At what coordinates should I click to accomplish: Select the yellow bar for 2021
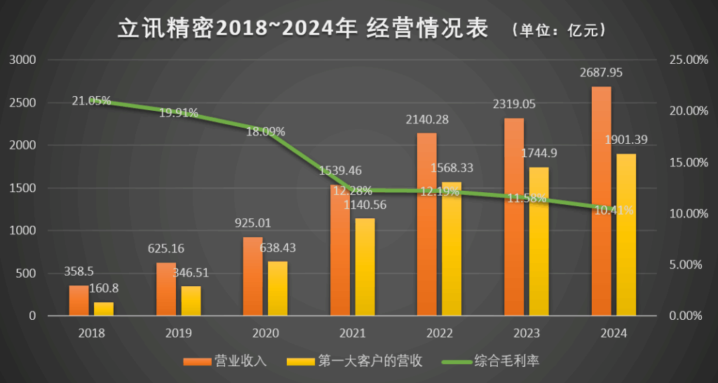(x=365, y=267)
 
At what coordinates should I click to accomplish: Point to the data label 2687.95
(x=601, y=72)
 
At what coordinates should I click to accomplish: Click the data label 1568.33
(x=452, y=168)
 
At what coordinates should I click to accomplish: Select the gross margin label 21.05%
(x=91, y=100)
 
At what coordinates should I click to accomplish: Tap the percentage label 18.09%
(x=265, y=130)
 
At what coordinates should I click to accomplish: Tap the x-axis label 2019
(x=179, y=333)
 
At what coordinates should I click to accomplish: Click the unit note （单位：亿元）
(x=557, y=30)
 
